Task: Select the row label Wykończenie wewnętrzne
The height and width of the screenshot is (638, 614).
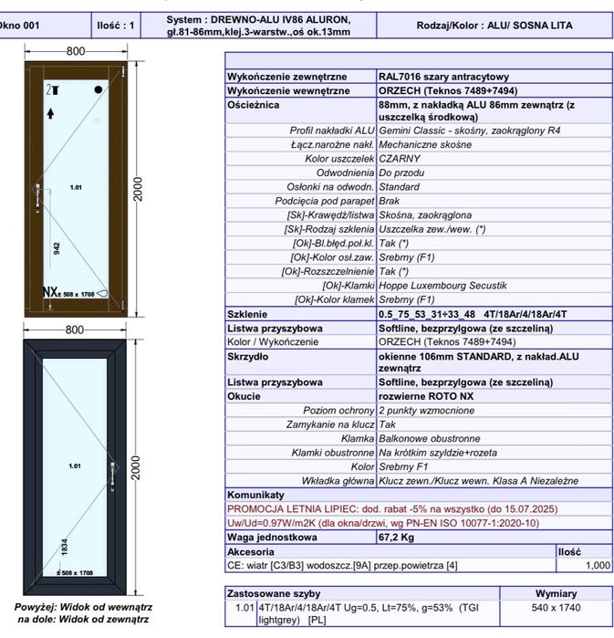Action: point(287,91)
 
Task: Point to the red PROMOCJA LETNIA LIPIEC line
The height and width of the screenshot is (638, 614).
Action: point(391,508)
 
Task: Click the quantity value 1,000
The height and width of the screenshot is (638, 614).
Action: point(597,566)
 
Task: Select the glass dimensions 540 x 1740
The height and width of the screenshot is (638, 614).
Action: point(555,606)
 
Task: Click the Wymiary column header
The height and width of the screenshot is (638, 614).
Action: point(555,592)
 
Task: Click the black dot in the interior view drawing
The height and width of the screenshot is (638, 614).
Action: point(99,89)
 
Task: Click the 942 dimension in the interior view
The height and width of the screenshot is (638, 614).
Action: point(57,247)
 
